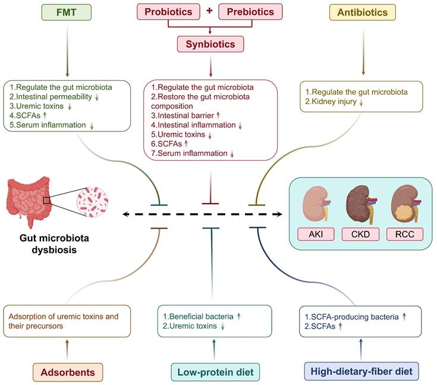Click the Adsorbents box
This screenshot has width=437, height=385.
pyautogui.click(x=67, y=373)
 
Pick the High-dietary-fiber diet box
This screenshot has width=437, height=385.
pyautogui.click(x=362, y=373)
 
